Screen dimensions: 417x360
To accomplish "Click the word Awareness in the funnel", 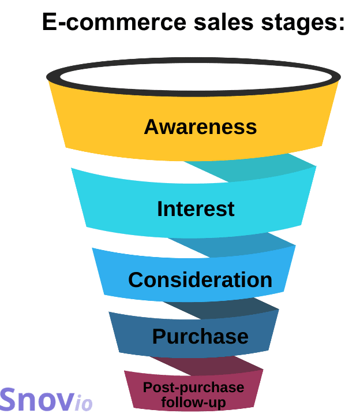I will click(200, 126).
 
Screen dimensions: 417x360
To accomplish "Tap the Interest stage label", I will click(196, 208).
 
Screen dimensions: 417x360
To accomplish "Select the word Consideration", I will click(200, 280).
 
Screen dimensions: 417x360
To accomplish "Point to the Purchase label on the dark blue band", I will click(200, 336).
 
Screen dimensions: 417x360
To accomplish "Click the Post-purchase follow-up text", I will click(193, 394).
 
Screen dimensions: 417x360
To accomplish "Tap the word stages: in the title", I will click(305, 24).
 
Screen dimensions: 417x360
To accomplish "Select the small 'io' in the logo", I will click(83, 403).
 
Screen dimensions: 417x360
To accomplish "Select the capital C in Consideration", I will click(136, 280).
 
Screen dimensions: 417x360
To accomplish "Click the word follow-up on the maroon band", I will click(193, 402).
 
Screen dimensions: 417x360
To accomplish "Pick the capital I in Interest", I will click(160, 208).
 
